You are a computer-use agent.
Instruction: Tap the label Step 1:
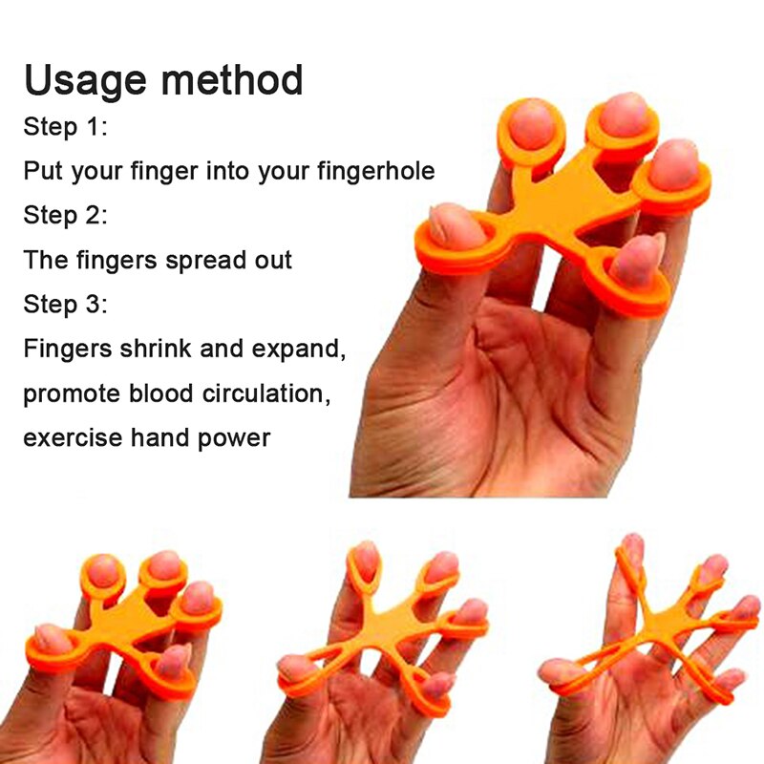click(x=65, y=127)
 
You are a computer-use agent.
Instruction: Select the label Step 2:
click(x=65, y=215)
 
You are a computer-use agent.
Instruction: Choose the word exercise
click(x=73, y=437)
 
